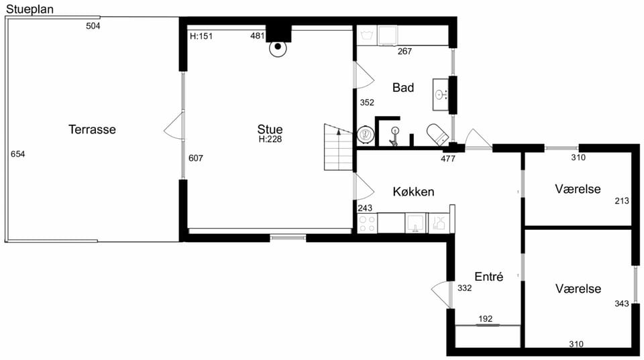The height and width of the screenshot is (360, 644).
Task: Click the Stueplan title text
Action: click(30, 9)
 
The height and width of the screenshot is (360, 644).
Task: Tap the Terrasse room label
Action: click(92, 129)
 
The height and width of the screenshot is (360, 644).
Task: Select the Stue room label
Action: click(270, 129)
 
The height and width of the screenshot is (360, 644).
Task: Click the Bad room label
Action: click(403, 87)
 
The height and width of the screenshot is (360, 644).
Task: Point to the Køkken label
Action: click(413, 192)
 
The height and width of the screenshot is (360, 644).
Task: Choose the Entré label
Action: click(489, 276)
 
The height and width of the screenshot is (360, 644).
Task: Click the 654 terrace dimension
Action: click(17, 154)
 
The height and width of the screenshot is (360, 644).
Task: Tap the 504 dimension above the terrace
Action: click(93, 26)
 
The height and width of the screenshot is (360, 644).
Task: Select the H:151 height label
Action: click(201, 36)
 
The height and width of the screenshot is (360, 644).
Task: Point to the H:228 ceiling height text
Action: click(270, 139)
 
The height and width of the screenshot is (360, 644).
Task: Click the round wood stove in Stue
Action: click(278, 48)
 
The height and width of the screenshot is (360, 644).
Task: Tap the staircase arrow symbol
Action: click(339, 132)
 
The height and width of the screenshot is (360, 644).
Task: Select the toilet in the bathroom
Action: click(437, 134)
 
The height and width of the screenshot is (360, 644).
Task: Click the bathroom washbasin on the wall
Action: click(441, 95)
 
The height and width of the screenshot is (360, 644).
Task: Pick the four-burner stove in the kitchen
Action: click(367, 223)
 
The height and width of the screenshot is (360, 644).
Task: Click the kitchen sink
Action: click(416, 223)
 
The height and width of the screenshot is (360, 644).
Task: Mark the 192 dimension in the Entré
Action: click(485, 318)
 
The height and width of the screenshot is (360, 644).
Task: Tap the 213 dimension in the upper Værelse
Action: click(622, 200)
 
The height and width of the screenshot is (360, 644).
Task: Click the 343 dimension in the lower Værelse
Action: click(622, 304)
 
